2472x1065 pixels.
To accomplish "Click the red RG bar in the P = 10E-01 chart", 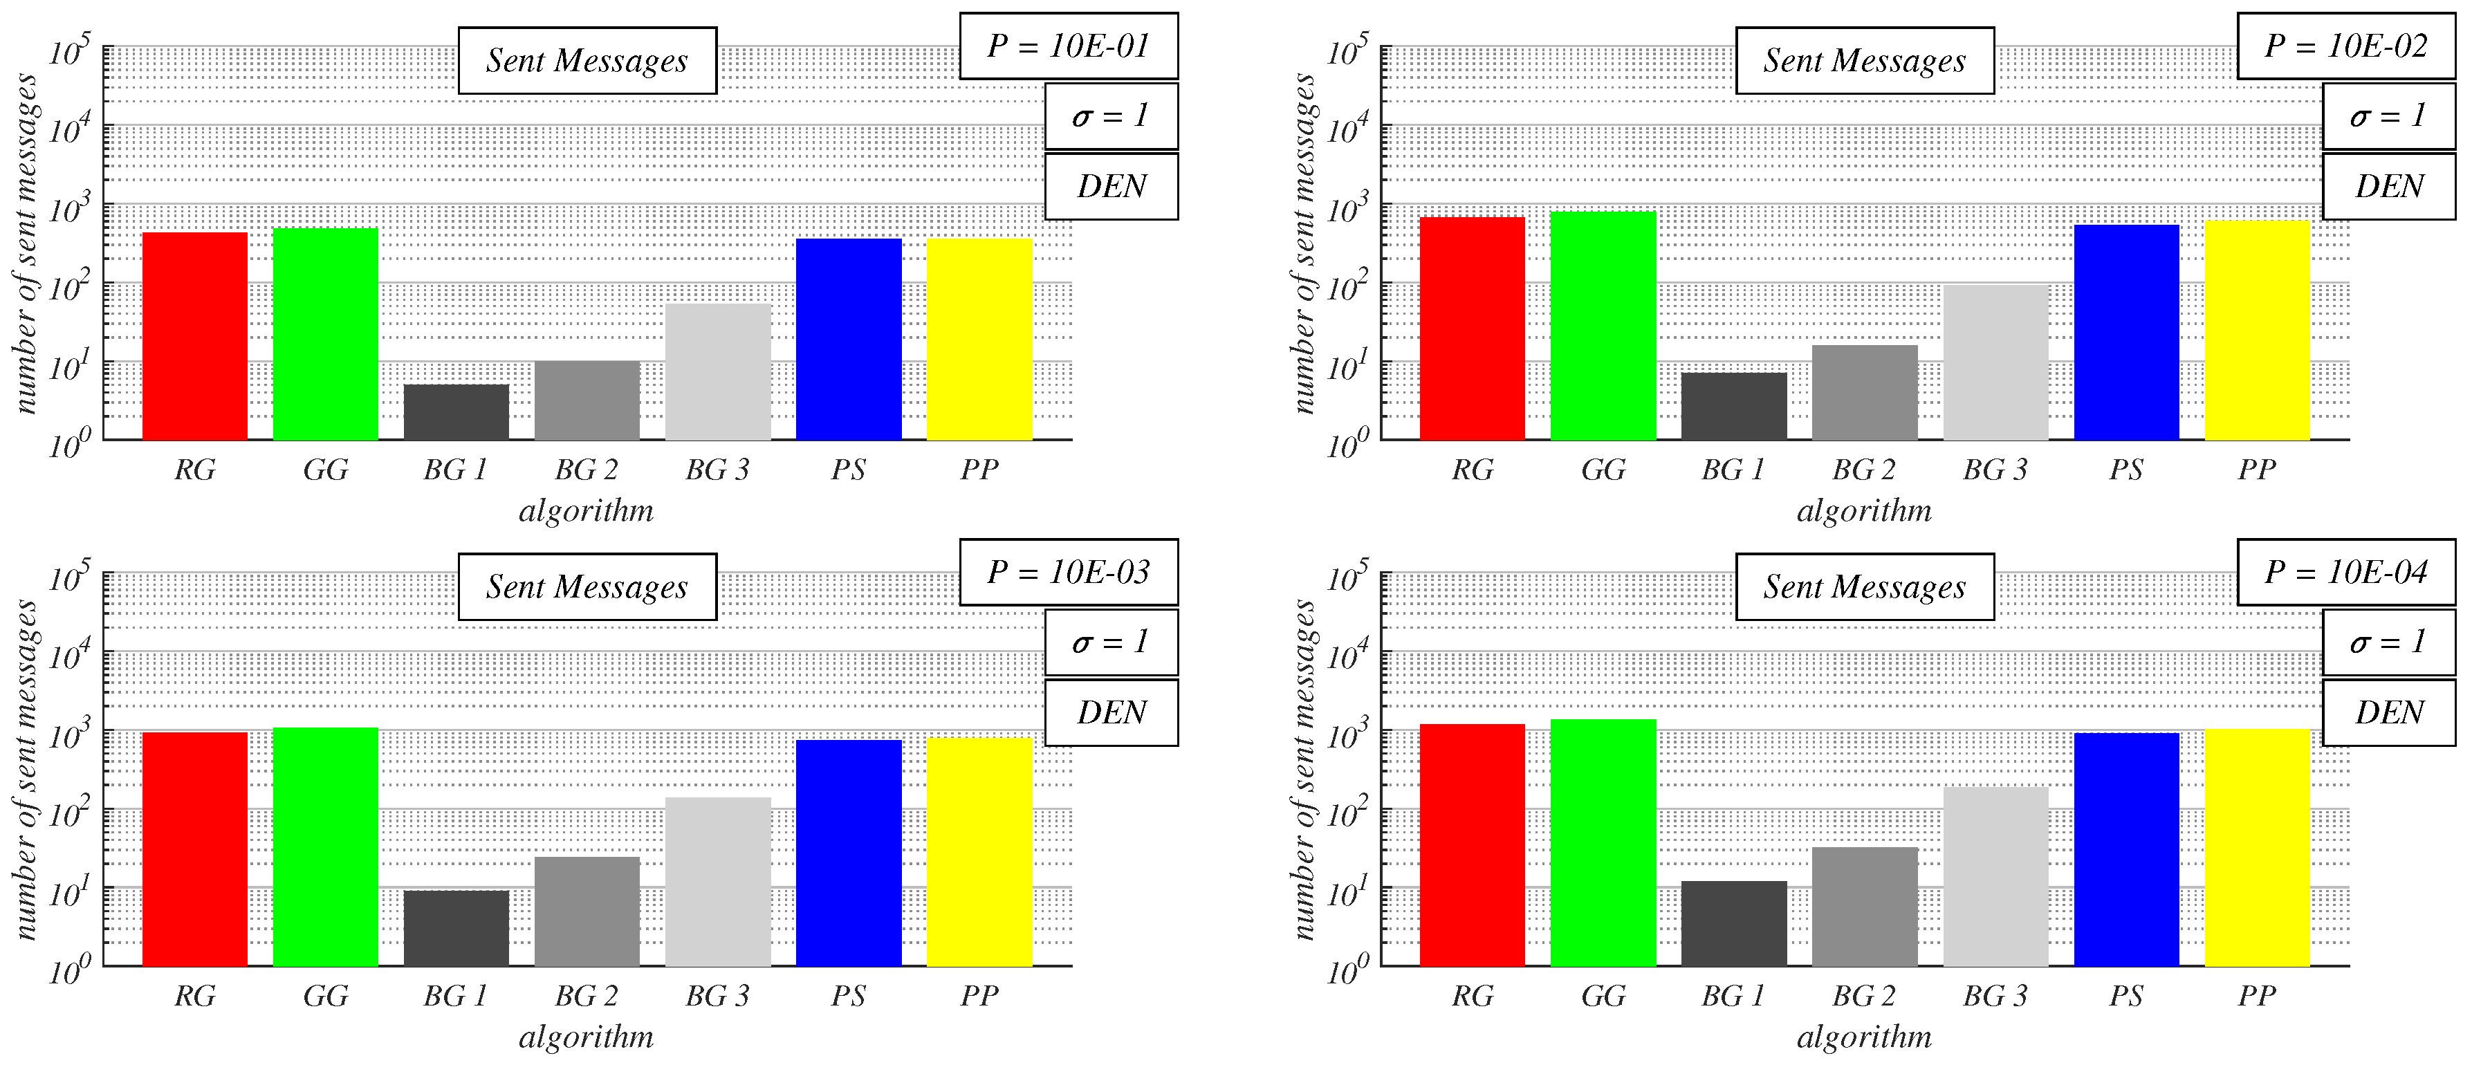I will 195,336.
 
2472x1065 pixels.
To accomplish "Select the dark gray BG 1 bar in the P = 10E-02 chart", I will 1734,406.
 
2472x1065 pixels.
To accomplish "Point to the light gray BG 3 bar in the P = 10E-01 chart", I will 718,371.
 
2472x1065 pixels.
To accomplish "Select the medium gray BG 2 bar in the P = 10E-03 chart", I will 587,911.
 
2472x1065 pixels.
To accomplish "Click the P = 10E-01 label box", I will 1068,46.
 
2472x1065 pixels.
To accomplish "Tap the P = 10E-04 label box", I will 2345,572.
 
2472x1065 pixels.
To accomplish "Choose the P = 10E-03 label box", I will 1068,572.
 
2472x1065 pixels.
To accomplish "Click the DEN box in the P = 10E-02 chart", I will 2388,186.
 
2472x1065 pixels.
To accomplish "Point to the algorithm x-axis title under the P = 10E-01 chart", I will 587,510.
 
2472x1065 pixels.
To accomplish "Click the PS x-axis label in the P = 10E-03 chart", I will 848,996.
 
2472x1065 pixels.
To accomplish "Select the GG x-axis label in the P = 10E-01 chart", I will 325,470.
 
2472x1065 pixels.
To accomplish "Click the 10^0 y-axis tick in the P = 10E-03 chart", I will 70,971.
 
